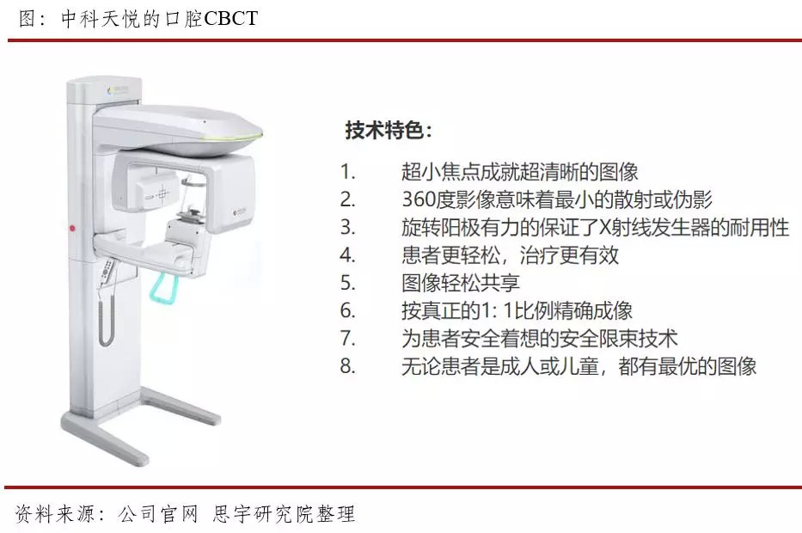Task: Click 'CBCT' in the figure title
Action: point(230,19)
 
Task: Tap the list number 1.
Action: point(347,171)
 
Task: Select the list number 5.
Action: point(347,283)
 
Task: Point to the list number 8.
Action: point(347,366)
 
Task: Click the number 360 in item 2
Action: point(419,199)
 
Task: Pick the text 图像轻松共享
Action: point(461,283)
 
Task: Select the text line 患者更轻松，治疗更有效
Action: point(510,254)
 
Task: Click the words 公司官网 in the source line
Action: point(157,513)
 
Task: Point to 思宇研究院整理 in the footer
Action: point(284,513)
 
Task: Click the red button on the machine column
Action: point(72,228)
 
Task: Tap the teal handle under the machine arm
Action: point(162,289)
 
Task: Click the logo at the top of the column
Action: point(118,89)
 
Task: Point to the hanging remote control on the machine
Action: point(107,273)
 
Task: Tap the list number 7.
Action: point(347,339)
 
